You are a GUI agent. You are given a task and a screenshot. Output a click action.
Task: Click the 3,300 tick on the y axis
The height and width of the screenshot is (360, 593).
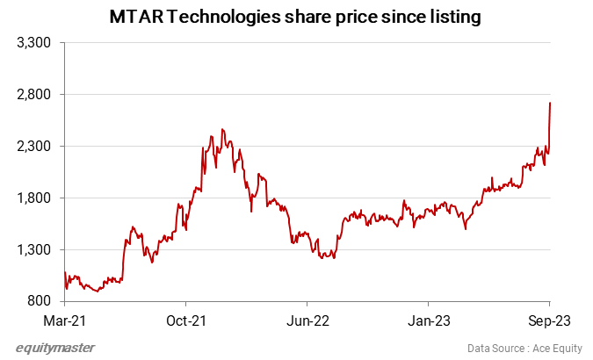pyautogui.click(x=36, y=43)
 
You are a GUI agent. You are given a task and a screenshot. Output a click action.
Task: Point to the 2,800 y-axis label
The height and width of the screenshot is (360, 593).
pyautogui.click(x=36, y=95)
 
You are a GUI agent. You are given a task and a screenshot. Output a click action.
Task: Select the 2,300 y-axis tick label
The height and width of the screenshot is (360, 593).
pyautogui.click(x=36, y=147)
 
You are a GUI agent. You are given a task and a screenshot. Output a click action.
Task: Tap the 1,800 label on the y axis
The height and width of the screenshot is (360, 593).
pyautogui.click(x=36, y=198)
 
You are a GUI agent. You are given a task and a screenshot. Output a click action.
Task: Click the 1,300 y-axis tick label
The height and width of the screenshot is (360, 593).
pyautogui.click(x=36, y=250)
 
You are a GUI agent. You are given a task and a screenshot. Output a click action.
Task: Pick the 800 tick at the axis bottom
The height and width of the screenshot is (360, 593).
pyautogui.click(x=41, y=302)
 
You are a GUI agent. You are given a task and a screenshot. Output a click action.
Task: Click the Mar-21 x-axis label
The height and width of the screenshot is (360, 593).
pyautogui.click(x=66, y=320)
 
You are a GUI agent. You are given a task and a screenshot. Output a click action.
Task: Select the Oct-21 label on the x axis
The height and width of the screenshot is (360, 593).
pyautogui.click(x=187, y=320)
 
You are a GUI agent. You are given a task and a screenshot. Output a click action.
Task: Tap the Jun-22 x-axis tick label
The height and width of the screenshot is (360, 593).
pyautogui.click(x=308, y=320)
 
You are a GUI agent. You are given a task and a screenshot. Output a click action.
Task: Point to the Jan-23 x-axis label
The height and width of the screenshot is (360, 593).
pyautogui.click(x=430, y=320)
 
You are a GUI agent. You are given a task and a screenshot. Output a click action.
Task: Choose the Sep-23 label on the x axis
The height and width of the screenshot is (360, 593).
pyautogui.click(x=550, y=320)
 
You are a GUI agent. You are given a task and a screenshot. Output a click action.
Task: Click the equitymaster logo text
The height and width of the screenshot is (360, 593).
pyautogui.click(x=55, y=348)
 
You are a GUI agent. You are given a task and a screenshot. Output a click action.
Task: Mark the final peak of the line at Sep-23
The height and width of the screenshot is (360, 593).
pyautogui.click(x=550, y=103)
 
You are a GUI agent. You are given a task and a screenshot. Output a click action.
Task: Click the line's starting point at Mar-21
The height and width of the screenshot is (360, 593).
pyautogui.click(x=65, y=273)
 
